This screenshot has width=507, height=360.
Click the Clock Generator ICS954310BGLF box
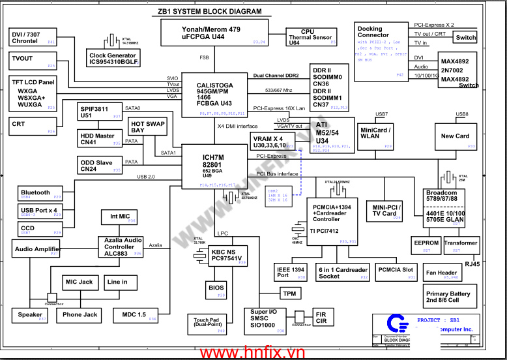point(113,59)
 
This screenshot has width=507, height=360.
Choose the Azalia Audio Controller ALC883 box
point(123,246)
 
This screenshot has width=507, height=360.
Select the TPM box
point(289,294)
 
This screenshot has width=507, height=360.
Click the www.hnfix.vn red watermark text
point(253,352)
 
